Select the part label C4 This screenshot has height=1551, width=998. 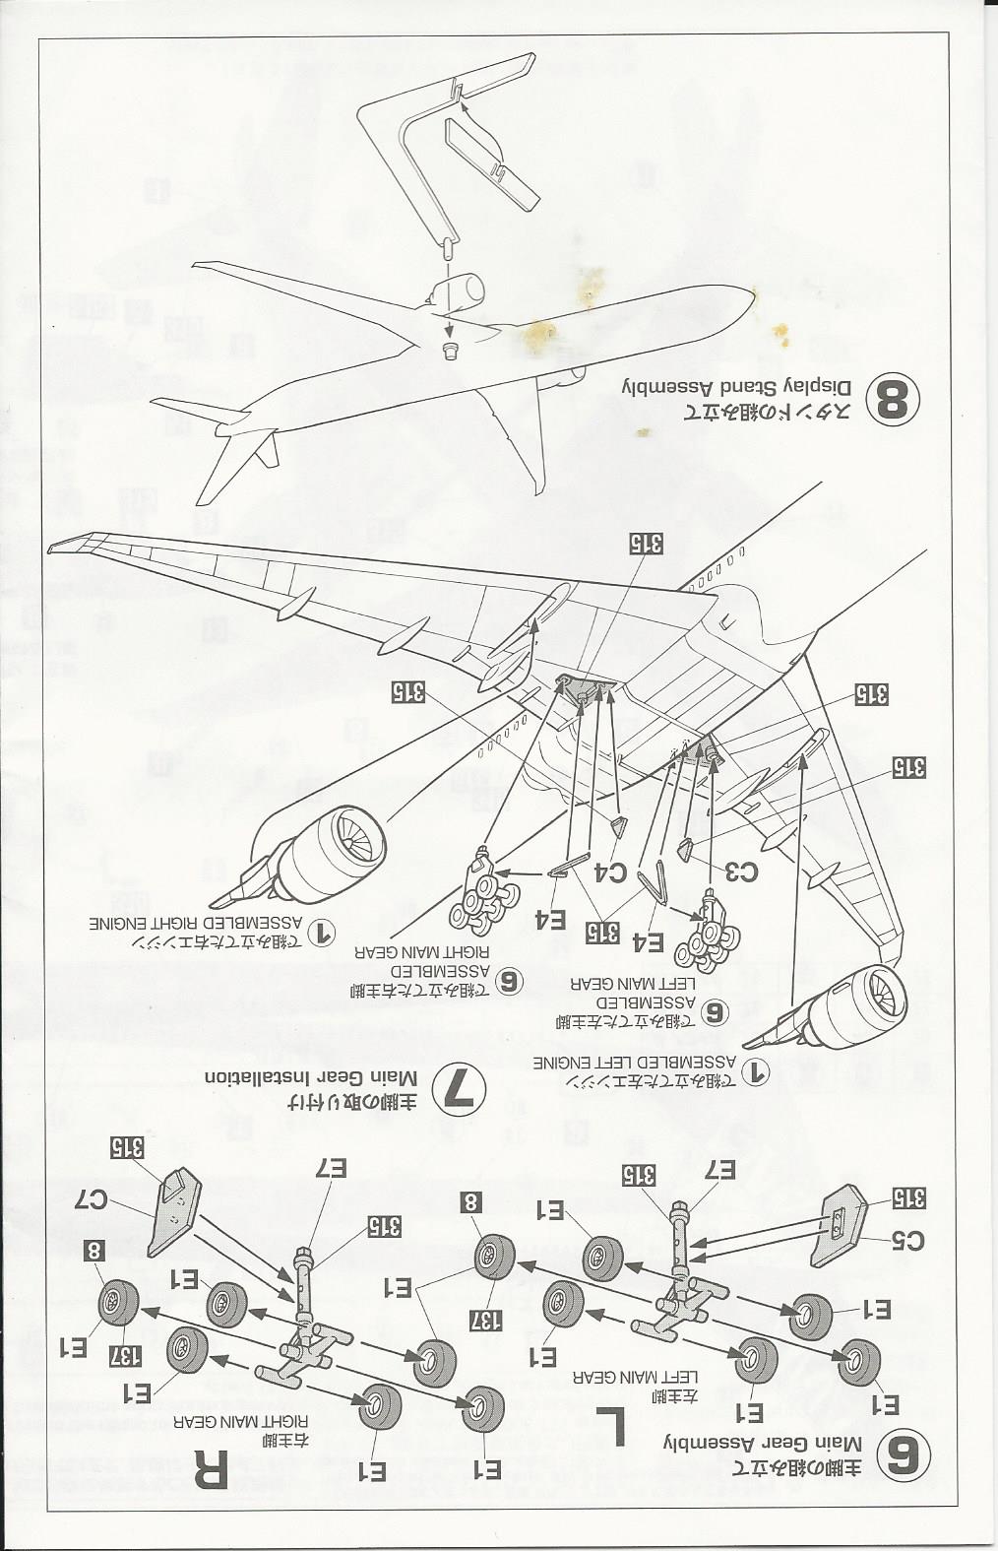click(x=612, y=871)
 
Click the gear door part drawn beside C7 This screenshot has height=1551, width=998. click(x=173, y=1211)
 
